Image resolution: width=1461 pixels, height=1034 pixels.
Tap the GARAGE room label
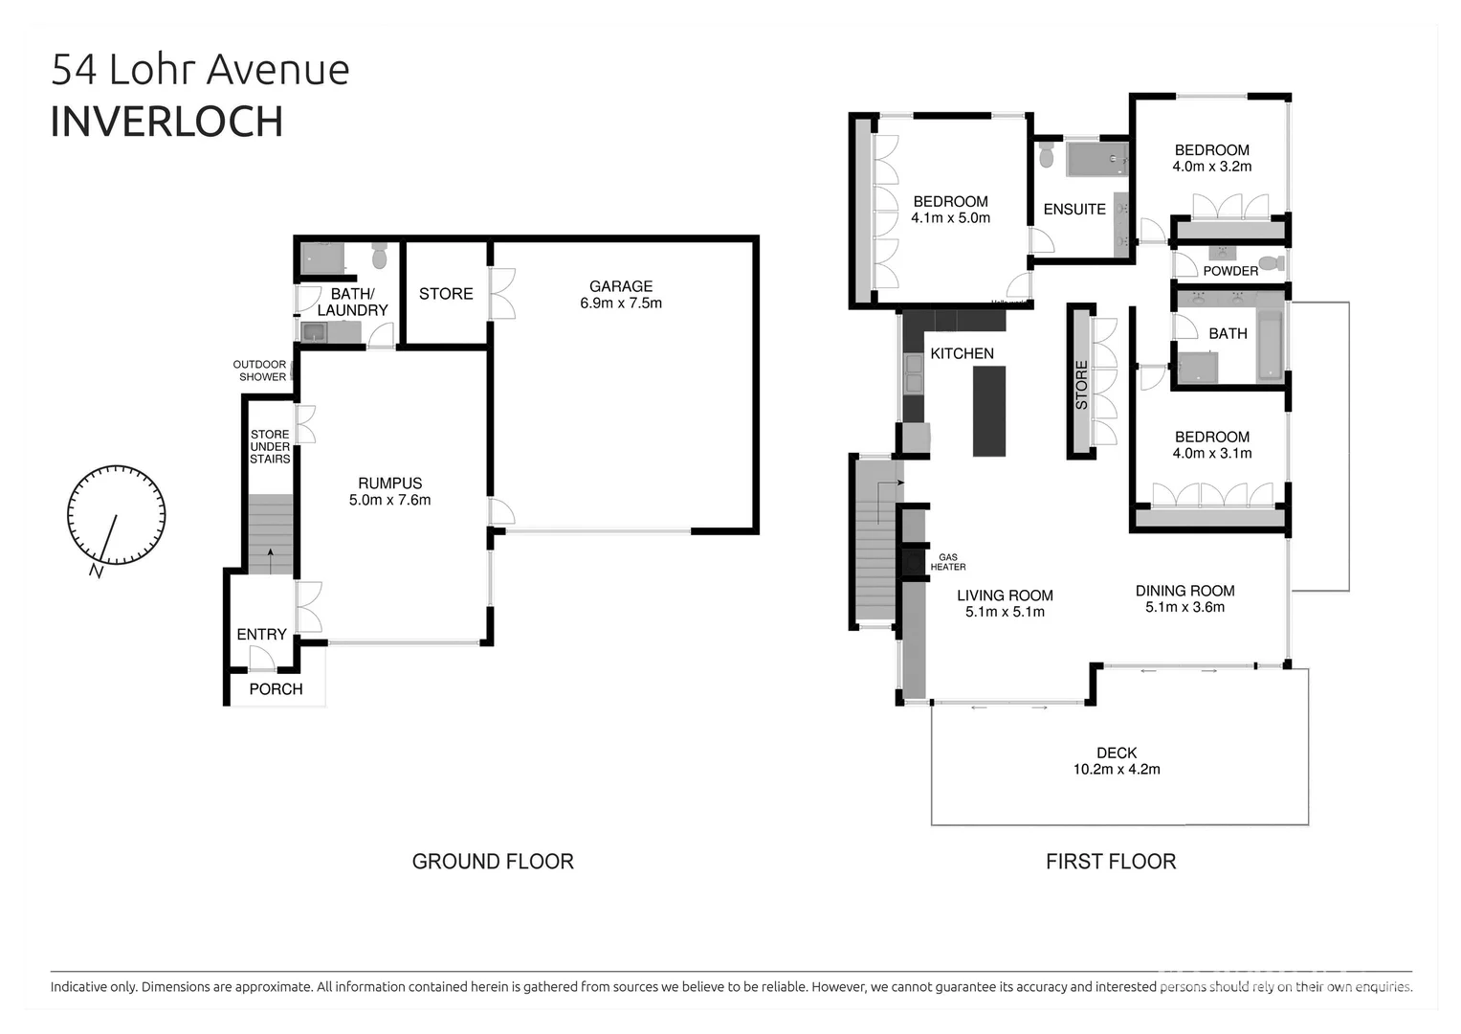[621, 286]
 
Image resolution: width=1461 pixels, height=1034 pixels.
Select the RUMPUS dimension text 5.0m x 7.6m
[389, 500]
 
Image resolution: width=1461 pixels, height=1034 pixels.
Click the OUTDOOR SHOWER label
[261, 371]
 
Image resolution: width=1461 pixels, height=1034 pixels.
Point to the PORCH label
[276, 689]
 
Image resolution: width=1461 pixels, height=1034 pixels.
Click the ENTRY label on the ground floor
[261, 635]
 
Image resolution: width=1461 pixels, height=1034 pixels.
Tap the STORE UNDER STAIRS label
[270, 447]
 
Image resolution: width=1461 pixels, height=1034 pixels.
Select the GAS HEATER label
[947, 562]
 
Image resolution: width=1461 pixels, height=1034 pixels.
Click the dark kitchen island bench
[989, 412]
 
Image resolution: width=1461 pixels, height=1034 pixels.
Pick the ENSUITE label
[1074, 210]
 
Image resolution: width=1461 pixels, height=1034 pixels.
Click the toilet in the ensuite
[1047, 155]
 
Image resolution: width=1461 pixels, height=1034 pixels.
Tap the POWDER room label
[1230, 271]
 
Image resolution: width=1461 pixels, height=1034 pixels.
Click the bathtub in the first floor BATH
[1270, 345]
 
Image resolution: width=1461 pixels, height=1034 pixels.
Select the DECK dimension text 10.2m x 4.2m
[1117, 770]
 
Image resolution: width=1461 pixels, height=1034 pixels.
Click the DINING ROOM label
[1184, 591]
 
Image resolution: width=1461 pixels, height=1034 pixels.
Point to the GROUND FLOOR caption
[493, 862]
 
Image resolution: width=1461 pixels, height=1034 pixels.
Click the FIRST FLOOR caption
[1110, 862]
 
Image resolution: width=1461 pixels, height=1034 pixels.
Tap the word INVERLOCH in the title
[166, 123]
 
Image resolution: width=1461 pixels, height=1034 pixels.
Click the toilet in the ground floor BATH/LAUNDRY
[379, 257]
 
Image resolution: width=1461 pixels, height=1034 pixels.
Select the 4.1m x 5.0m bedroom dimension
[950, 218]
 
